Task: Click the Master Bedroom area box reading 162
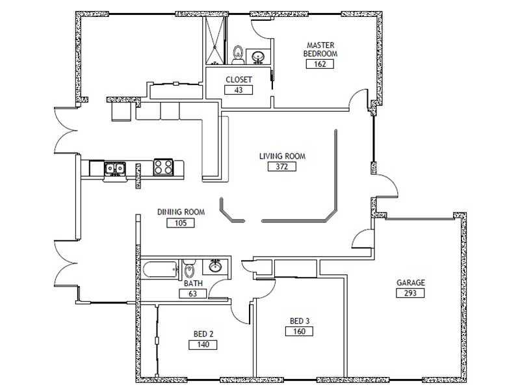coord(320,64)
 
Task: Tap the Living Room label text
coord(282,156)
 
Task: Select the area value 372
coord(282,166)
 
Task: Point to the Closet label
coord(239,79)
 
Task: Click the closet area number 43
coord(239,90)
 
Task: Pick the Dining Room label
coord(181,212)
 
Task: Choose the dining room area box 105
coord(181,223)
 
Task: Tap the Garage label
coord(411,283)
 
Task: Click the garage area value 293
coord(410,293)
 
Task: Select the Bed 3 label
coord(300,321)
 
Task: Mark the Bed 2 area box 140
coord(203,345)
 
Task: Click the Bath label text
coord(193,283)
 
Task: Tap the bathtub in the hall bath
coord(160,269)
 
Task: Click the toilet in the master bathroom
coord(238,55)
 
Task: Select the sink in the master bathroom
coord(257,57)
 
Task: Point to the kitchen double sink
coord(115,169)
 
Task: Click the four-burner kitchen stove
coord(163,168)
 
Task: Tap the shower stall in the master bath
coord(215,40)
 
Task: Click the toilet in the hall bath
coord(189,269)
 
